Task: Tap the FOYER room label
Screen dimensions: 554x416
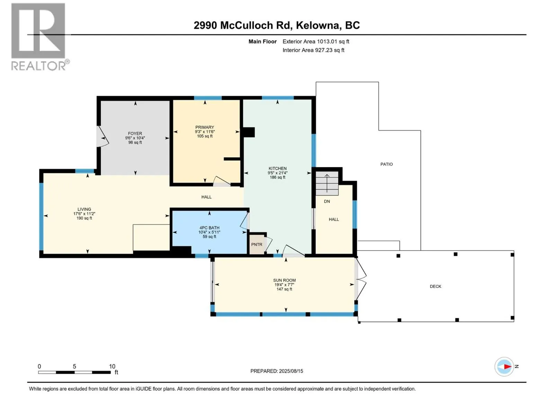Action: [135, 133]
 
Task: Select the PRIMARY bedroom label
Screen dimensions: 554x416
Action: [205, 127]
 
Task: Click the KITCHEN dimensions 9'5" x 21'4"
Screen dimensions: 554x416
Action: [278, 173]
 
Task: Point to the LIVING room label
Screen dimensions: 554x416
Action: [84, 209]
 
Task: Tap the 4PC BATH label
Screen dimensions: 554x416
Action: [209, 228]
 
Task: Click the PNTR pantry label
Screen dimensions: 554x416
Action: [257, 244]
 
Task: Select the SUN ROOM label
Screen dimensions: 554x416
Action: [285, 280]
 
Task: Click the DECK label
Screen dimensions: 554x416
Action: [436, 286]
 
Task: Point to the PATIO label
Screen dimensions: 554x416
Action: [387, 164]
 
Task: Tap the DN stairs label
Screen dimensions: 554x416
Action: [327, 201]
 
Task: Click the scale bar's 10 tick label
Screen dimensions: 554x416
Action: [112, 366]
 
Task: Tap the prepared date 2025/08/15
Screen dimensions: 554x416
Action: [291, 371]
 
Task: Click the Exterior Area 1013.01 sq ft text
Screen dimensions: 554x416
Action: [316, 41]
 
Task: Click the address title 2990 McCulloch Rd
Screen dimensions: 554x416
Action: [243, 25]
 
